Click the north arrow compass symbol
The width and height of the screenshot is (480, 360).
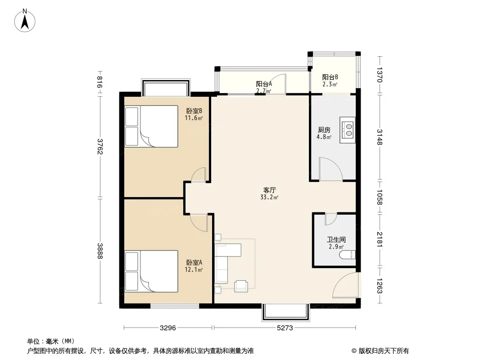pos(25,21)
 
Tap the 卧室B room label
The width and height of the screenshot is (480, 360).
pos(194,111)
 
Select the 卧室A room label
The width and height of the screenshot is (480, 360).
pos(194,262)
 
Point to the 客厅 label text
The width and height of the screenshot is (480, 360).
pos(269,190)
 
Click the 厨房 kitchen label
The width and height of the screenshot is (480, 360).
pos(324,130)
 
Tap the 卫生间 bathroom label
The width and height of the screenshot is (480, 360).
pos(336,239)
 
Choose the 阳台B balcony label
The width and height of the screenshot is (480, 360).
pos(330,77)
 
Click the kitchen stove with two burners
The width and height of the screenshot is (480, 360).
pos(348,130)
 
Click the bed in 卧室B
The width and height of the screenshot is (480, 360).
pos(151,126)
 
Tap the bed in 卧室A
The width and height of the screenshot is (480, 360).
pos(151,271)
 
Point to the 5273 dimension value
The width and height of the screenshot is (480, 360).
pos(285,328)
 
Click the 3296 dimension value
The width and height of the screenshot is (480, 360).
pos(168,328)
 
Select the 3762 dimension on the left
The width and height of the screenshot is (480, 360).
pos(100,147)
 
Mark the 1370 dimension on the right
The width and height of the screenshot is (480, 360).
pos(380,75)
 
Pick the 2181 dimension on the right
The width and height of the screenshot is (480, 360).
pos(380,239)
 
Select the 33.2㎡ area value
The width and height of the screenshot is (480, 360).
pos(269,197)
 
